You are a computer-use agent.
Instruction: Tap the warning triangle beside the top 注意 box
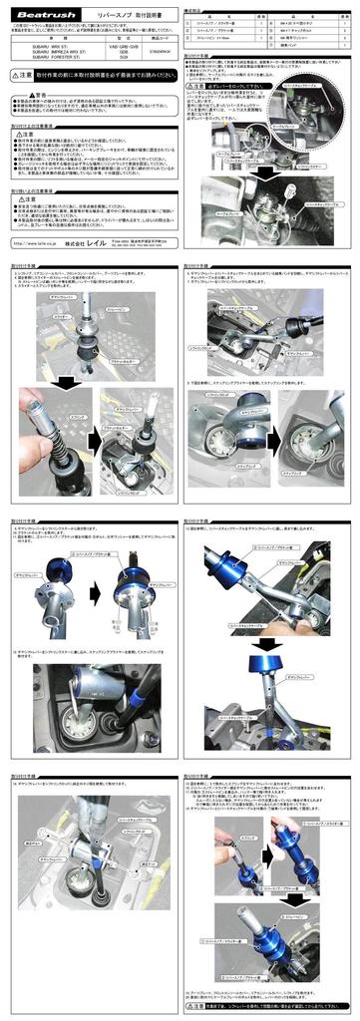tap(12, 76)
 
